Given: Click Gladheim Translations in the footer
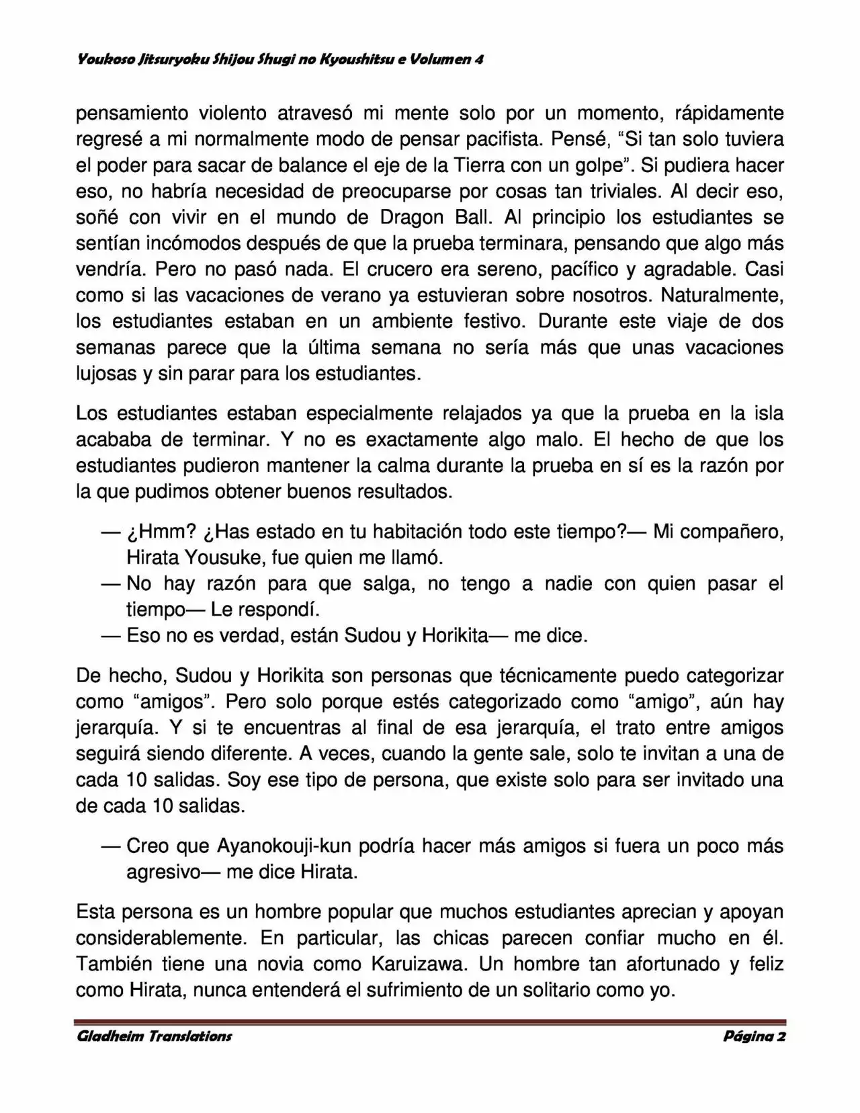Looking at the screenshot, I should pyautogui.click(x=155, y=1036).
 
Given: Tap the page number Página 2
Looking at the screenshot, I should pyautogui.click(x=754, y=1036).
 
